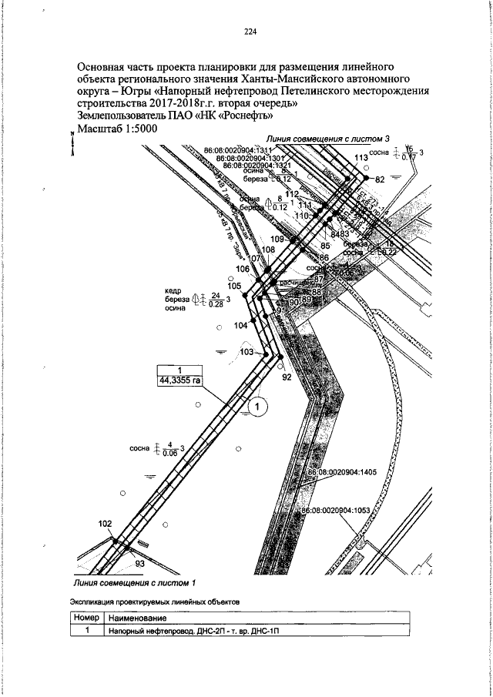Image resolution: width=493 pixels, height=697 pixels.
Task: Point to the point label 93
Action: coord(140,564)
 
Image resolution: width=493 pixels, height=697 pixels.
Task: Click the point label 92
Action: coord(287,377)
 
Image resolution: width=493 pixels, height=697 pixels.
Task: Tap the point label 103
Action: coord(246,351)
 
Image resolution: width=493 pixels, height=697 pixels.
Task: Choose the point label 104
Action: coord(241,327)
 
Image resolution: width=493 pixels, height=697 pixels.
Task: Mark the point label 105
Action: coord(235,286)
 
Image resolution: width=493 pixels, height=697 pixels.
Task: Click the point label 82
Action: coord(378,179)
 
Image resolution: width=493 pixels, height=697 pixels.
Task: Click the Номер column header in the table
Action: coord(87,618)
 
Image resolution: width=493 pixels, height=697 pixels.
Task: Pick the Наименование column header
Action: coord(139,618)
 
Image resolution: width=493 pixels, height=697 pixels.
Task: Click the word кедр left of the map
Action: coord(173,290)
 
